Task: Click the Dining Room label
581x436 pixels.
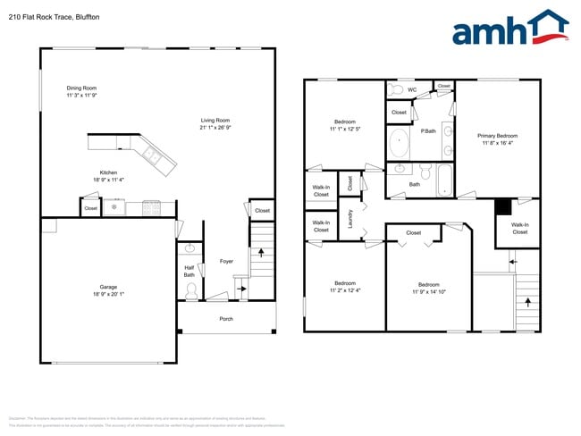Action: (x=81, y=88)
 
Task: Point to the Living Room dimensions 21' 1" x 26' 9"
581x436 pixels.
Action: (x=215, y=127)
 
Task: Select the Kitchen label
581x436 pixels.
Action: (x=108, y=172)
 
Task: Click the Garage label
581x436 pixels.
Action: (x=108, y=287)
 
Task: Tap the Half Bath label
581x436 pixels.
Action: (x=189, y=271)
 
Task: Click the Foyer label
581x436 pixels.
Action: (x=226, y=261)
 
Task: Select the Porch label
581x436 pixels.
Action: (x=226, y=319)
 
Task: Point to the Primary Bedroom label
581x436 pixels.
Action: (x=499, y=136)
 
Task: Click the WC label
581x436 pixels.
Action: (x=412, y=89)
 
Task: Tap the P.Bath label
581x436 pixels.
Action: (x=428, y=130)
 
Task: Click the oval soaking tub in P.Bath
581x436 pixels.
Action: (x=398, y=143)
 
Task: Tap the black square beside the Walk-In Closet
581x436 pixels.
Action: (x=503, y=206)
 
